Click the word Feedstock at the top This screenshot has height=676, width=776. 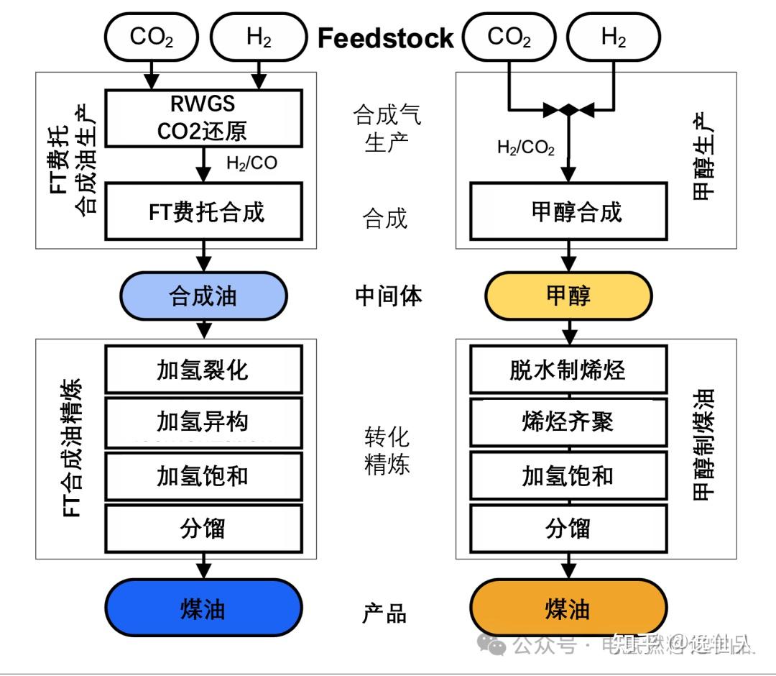[x=386, y=37]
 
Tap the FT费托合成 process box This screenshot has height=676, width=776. [x=204, y=211]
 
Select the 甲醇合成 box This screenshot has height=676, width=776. [x=568, y=211]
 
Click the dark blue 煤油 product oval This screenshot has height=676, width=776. [x=203, y=609]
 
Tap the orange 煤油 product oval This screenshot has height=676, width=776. [x=568, y=609]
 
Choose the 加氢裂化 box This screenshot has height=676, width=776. [x=203, y=370]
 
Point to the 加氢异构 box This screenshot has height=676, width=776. [x=203, y=421]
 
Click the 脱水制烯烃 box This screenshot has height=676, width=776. [x=568, y=370]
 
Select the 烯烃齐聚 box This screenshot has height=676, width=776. [x=568, y=421]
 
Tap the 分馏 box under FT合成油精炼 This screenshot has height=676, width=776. [x=203, y=529]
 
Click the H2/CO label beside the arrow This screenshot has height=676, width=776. [x=251, y=163]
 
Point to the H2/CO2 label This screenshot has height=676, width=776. [x=526, y=148]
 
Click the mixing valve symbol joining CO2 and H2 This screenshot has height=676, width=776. [x=568, y=110]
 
